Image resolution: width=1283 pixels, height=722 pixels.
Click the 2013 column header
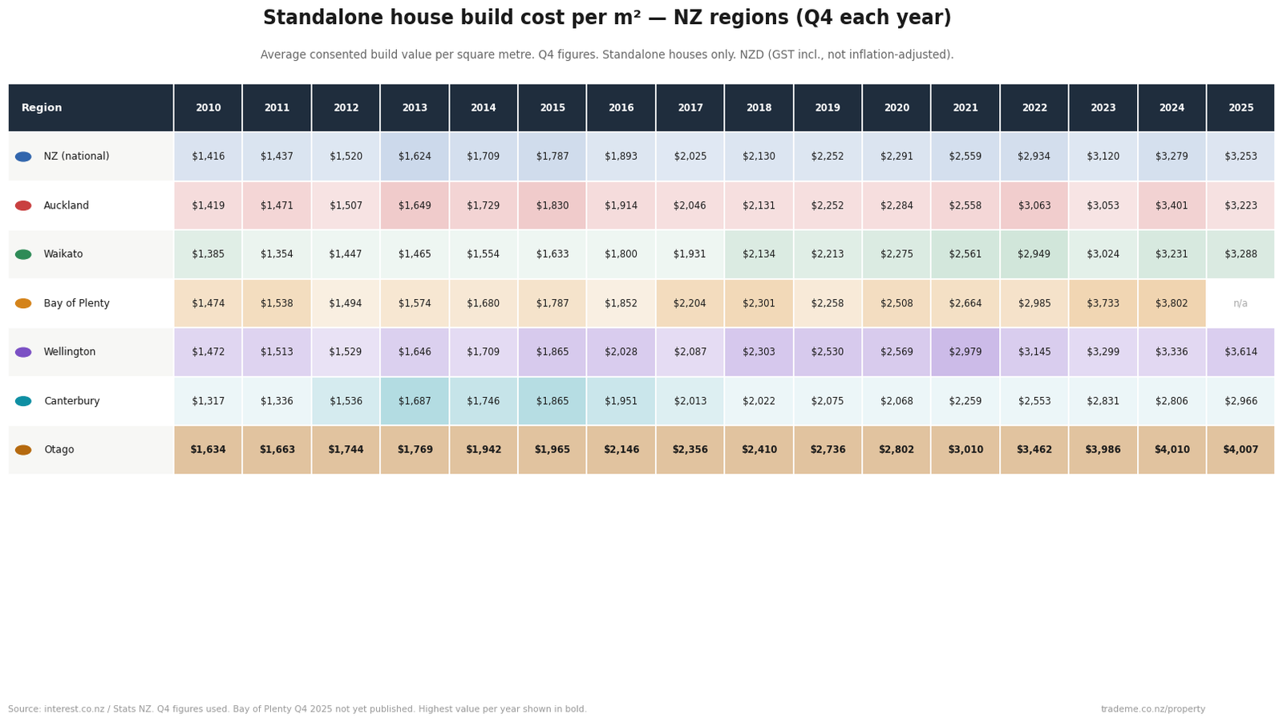point(415,108)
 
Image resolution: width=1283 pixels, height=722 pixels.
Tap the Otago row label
point(59,450)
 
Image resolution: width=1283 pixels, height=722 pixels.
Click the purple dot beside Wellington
point(23,352)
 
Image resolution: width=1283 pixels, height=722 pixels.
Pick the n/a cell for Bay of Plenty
point(1241,303)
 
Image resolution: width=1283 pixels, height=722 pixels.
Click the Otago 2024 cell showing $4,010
point(1172,450)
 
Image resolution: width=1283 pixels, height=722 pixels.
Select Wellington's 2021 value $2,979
point(965,352)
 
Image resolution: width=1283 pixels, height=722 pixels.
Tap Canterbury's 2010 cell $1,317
point(208,401)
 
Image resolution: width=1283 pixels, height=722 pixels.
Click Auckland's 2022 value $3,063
point(1034,205)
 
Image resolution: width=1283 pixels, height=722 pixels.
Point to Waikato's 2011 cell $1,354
point(277,254)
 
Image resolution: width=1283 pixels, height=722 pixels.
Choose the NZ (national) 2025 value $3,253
point(1241,156)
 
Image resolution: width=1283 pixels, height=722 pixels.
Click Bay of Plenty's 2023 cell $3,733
point(1103,303)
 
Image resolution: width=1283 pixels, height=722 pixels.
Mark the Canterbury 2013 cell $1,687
point(415,401)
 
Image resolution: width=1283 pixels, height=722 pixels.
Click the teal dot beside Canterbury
point(23,401)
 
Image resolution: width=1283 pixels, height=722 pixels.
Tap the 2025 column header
point(1241,108)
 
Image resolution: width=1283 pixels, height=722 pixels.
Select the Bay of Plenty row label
point(76,303)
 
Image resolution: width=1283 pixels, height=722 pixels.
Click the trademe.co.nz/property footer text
point(1152,709)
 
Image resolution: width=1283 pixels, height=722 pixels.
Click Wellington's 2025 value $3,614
point(1241,352)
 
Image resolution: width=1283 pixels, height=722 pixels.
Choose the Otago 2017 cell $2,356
point(690,450)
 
